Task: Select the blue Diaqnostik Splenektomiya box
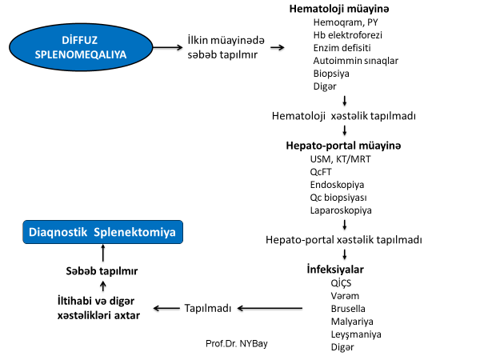102,233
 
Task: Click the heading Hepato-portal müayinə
343,147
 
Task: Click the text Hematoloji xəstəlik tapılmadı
344,116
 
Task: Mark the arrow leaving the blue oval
168,48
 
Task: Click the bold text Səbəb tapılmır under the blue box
102,271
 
